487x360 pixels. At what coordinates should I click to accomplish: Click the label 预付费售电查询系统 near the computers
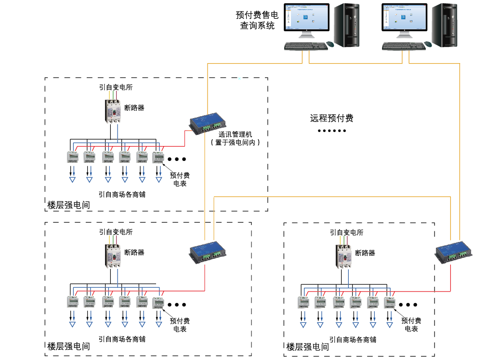coord(257,20)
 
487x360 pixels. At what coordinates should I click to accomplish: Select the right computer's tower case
coord(444,25)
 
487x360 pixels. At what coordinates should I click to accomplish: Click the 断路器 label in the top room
coord(134,108)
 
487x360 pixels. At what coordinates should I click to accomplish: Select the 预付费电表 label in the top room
coord(180,179)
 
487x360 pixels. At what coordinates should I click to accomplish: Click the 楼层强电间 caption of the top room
coord(68,205)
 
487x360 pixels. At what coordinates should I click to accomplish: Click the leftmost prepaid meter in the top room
coord(72,157)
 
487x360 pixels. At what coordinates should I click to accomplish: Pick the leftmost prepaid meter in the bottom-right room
coord(303,302)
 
